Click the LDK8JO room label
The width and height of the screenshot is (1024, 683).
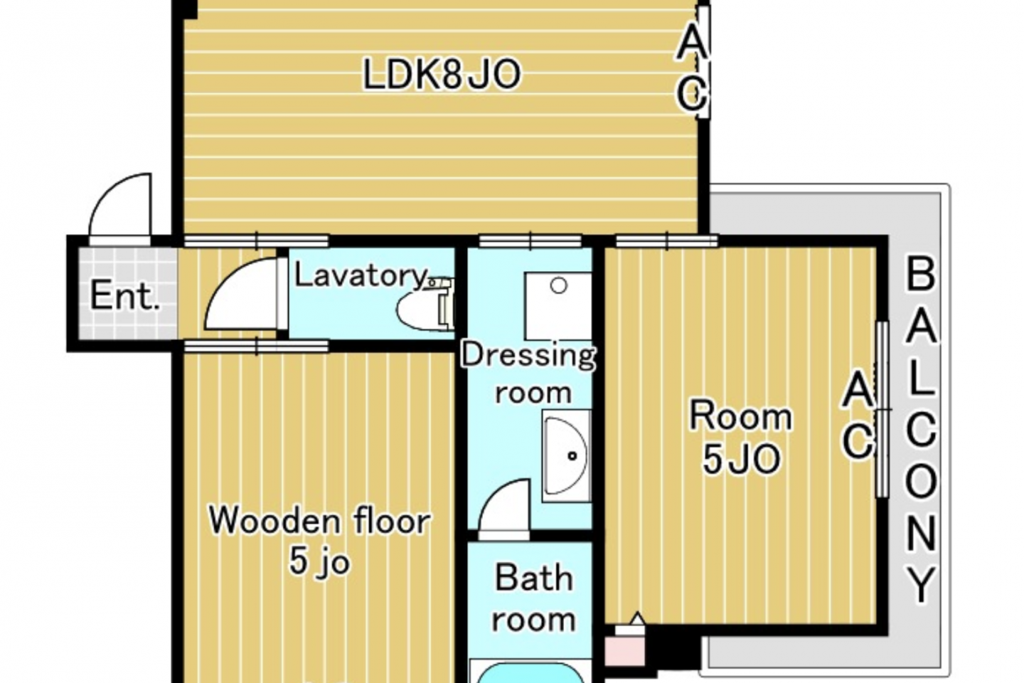point(442,75)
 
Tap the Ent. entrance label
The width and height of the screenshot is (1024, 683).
point(124,296)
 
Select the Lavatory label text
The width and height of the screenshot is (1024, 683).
point(361,276)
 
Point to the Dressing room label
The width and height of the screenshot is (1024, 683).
point(529,374)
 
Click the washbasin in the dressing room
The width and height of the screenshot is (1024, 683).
point(566,455)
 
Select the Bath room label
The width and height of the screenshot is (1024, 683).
point(534,599)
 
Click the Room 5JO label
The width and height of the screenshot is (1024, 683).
point(740,436)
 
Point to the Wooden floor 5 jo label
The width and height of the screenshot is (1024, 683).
point(319,541)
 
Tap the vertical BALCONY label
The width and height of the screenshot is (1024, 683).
point(921,430)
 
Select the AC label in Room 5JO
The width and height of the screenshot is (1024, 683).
point(858,415)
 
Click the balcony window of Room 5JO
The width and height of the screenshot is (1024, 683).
point(882,409)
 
